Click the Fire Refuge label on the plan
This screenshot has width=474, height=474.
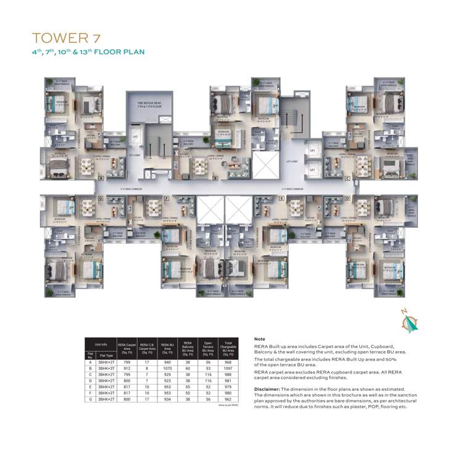click(x=149, y=105)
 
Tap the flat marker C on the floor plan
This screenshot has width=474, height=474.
click(x=347, y=178)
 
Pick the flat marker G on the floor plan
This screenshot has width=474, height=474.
click(x=100, y=198)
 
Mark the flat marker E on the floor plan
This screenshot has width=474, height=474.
click(x=281, y=198)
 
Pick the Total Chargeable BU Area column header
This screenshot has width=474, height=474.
click(x=228, y=349)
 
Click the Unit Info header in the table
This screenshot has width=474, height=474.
click(x=101, y=344)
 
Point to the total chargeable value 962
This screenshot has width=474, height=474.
click(x=228, y=400)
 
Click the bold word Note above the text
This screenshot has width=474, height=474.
click(x=259, y=339)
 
